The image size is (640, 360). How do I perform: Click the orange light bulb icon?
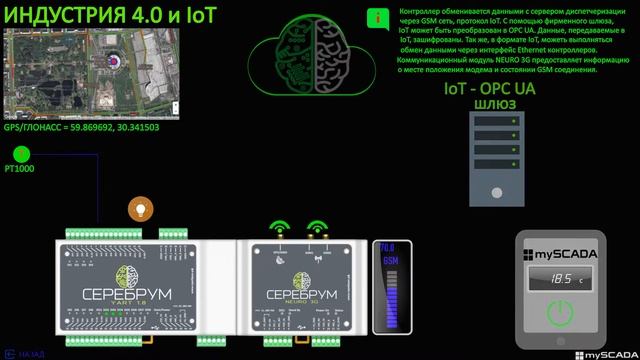tap(140, 209)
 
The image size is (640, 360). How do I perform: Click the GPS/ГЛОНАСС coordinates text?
tap(82, 127)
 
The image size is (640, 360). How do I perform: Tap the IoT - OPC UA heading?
tap(489, 89)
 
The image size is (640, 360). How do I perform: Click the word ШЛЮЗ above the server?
tap(489, 103)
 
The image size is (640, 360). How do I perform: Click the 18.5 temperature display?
tap(565, 280)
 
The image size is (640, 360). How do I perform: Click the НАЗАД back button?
tap(25, 353)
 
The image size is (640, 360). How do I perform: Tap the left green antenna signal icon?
tap(279, 228)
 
